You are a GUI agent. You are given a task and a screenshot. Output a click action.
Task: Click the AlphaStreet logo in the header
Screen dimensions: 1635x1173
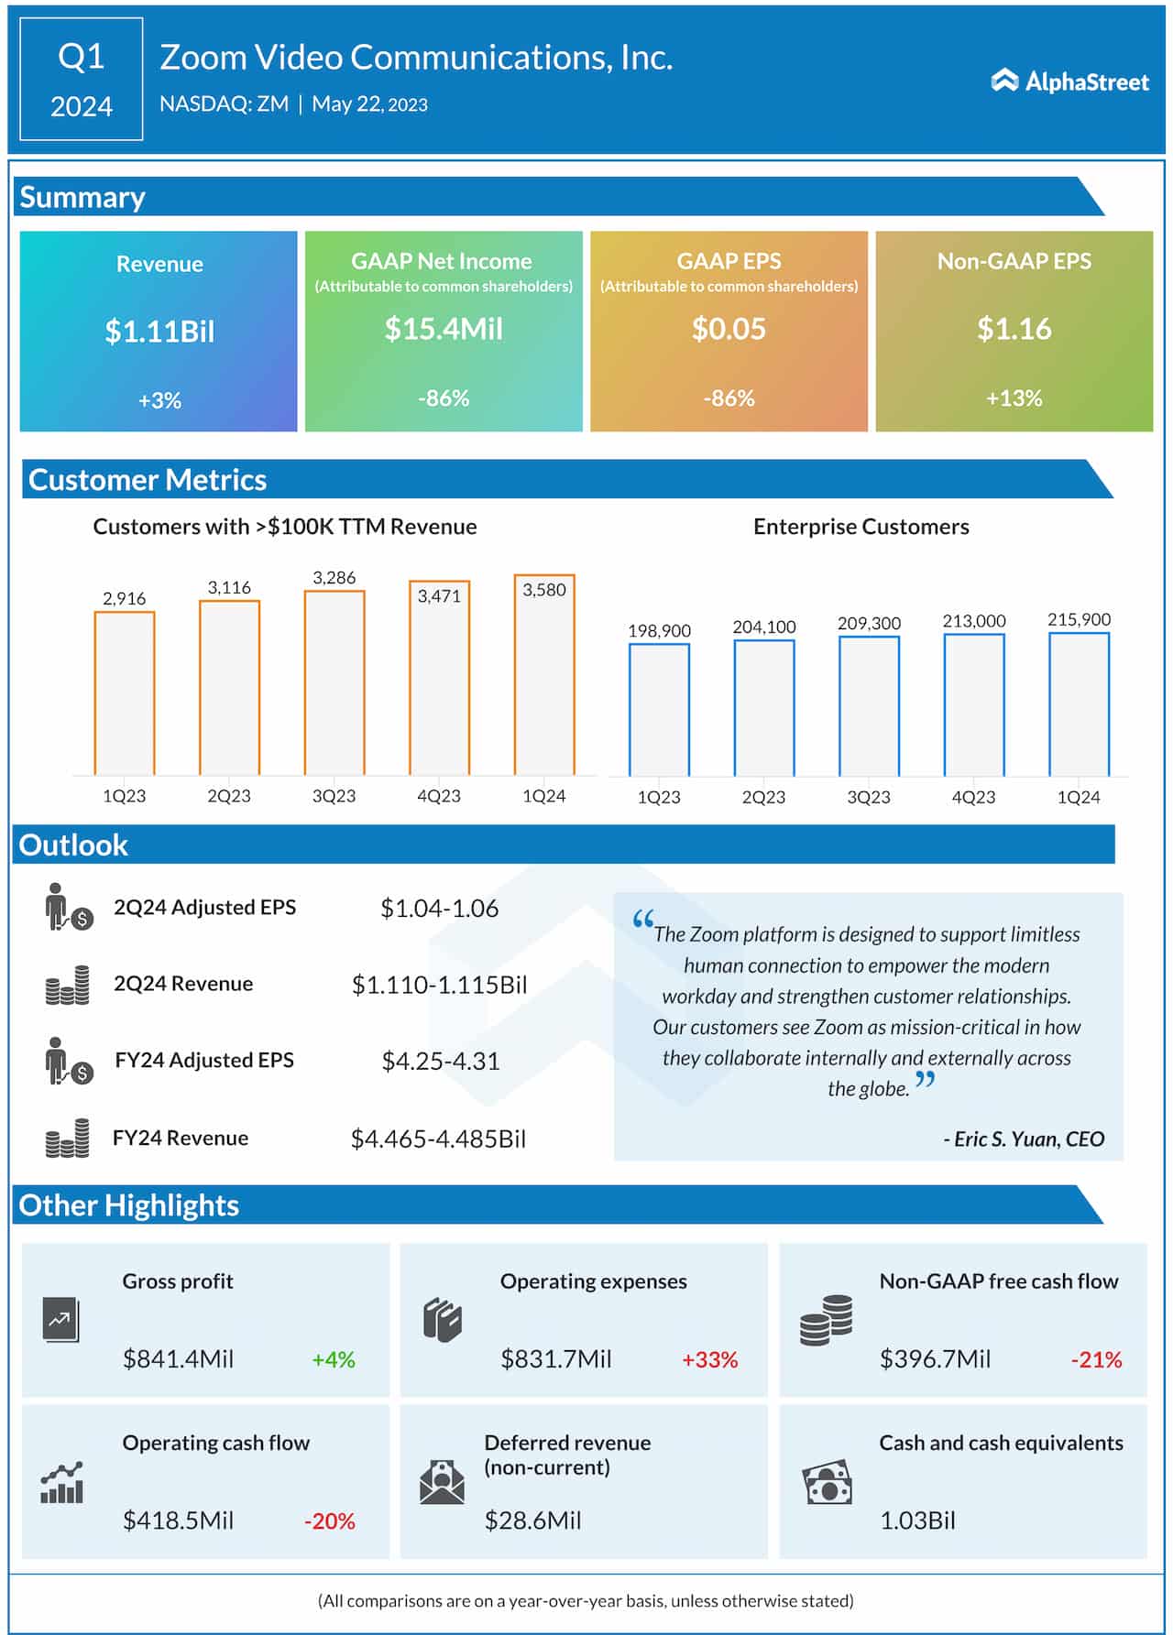(1069, 82)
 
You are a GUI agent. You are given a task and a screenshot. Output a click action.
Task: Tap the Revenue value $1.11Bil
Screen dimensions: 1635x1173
(159, 331)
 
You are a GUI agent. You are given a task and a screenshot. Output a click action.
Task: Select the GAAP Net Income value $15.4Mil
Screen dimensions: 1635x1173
(444, 329)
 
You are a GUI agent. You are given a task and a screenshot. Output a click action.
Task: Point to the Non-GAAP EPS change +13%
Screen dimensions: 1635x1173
(1014, 398)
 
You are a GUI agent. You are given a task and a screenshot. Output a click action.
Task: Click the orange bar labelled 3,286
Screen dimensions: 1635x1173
(334, 682)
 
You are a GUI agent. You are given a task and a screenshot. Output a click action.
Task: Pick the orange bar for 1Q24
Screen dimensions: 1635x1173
(544, 675)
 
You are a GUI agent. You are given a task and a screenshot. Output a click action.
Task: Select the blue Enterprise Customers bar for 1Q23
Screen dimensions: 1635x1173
(659, 710)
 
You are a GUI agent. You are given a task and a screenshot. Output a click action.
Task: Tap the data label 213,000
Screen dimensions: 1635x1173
(974, 621)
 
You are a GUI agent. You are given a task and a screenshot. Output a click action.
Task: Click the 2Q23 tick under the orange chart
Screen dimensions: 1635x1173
(229, 796)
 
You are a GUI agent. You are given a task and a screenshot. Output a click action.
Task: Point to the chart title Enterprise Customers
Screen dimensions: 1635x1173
(861, 527)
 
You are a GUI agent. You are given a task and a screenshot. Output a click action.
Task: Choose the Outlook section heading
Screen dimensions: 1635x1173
(73, 845)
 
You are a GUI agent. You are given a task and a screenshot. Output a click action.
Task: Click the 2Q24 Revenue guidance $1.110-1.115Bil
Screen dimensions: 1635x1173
(440, 985)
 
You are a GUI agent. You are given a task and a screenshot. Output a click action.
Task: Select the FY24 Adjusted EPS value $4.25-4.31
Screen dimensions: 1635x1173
(441, 1062)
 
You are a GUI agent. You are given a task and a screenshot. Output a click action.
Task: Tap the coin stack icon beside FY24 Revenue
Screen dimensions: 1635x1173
(68, 1139)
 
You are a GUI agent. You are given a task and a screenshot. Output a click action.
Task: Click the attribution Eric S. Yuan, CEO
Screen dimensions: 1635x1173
(1025, 1139)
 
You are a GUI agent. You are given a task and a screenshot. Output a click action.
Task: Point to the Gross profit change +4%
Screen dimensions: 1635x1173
(334, 1359)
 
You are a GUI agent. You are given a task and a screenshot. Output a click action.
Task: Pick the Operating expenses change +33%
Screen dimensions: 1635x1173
(710, 1359)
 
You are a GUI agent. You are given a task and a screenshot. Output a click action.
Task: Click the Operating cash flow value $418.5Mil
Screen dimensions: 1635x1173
(179, 1521)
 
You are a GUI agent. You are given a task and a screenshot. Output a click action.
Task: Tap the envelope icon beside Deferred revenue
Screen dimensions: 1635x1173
(442, 1482)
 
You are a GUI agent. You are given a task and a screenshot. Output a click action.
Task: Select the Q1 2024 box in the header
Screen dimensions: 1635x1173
(82, 80)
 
